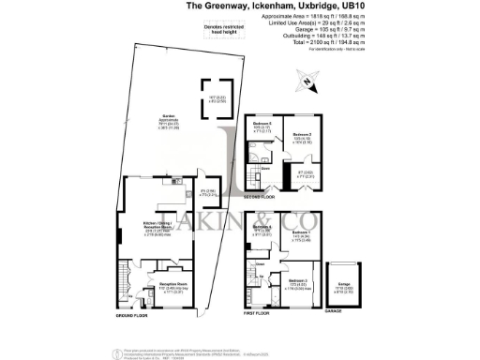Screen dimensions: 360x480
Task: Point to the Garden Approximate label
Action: [x=143, y=118]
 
